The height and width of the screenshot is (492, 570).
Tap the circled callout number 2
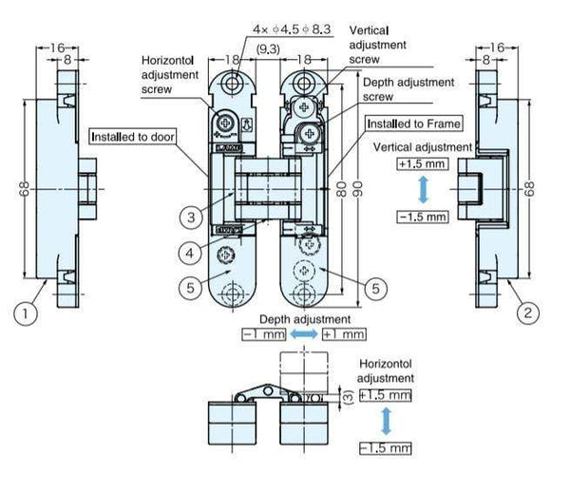click(522, 311)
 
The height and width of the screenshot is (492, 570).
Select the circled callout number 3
click(191, 218)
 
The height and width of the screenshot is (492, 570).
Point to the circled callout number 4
click(191, 253)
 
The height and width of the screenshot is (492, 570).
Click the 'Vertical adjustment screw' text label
click(377, 45)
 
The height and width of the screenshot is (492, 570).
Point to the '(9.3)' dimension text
click(268, 47)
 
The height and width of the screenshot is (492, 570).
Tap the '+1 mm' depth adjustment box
click(344, 334)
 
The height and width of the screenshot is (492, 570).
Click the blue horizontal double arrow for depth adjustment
click(303, 334)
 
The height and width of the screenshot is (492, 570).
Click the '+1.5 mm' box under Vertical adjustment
click(421, 162)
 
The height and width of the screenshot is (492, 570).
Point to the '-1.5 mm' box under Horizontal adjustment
click(384, 447)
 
